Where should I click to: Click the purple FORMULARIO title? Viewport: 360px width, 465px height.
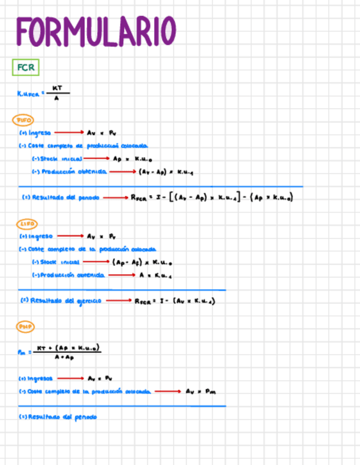click(x=96, y=31)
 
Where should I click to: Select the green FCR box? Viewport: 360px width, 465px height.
click(x=25, y=68)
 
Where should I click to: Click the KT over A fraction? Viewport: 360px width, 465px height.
click(x=57, y=93)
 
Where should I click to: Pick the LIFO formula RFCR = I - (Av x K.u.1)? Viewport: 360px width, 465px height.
click(x=175, y=301)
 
